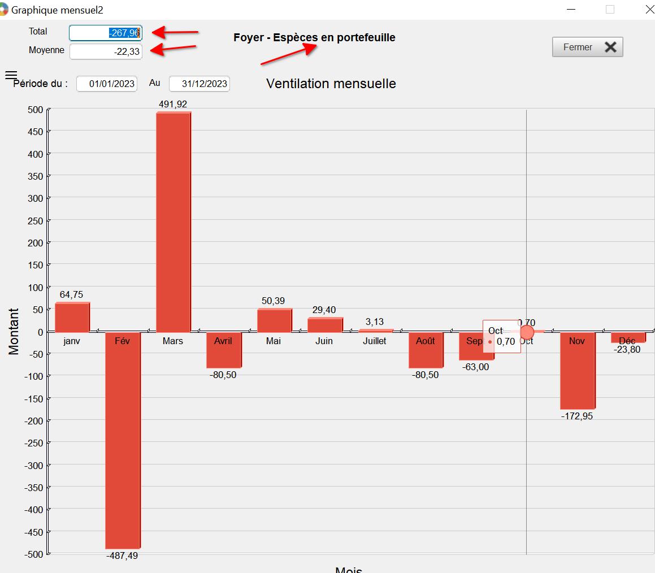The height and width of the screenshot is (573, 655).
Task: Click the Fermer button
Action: [587, 47]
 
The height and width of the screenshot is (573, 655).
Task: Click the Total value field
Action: [106, 33]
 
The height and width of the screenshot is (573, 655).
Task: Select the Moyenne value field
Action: [106, 51]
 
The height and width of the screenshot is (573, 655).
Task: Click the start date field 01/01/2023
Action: [107, 84]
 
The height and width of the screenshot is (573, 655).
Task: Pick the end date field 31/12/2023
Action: [199, 84]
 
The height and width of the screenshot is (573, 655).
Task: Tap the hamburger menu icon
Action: [11, 75]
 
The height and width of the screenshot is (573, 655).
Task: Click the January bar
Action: [72, 318]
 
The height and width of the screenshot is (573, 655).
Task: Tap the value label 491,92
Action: [173, 104]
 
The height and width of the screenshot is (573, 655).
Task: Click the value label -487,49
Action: [122, 555]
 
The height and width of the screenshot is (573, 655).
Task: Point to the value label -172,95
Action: [577, 416]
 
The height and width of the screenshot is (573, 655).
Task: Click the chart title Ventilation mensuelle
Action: [331, 84]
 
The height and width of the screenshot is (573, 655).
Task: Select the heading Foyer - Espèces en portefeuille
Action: [314, 38]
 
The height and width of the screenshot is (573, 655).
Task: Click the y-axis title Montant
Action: [14, 331]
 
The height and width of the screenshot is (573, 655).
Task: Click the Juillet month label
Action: [375, 341]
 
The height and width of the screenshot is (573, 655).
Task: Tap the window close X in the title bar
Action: [649, 10]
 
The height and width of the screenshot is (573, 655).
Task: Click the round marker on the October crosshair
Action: [526, 332]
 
